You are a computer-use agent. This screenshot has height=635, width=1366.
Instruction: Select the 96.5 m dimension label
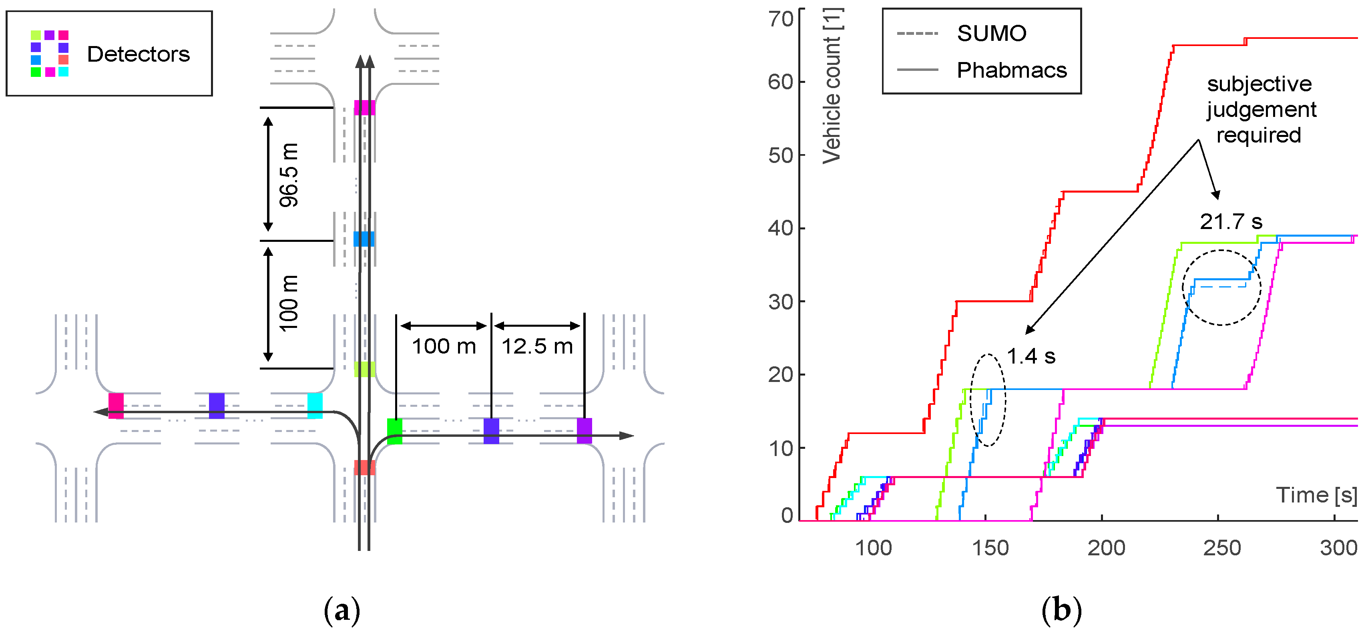pyautogui.click(x=289, y=175)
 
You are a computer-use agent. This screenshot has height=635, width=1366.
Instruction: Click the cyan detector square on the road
pyautogui.click(x=315, y=406)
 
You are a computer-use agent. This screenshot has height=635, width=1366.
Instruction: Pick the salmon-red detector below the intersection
pyautogui.click(x=364, y=467)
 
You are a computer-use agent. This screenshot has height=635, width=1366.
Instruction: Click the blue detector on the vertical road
pyautogui.click(x=364, y=239)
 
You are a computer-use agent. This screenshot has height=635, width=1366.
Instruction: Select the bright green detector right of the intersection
pyautogui.click(x=394, y=431)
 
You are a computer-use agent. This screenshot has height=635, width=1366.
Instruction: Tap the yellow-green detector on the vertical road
pyautogui.click(x=364, y=369)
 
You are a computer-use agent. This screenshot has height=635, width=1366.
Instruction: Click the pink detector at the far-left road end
pyautogui.click(x=116, y=406)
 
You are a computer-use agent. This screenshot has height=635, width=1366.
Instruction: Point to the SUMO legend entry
pyautogui.click(x=991, y=33)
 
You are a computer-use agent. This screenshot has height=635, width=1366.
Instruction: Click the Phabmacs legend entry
pyautogui.click(x=1011, y=70)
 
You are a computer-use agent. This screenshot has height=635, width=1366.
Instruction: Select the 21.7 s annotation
pyautogui.click(x=1231, y=221)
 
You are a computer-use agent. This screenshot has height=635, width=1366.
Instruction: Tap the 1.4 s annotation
pyautogui.click(x=1031, y=356)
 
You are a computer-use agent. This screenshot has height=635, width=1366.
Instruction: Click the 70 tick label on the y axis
pyautogui.click(x=781, y=19)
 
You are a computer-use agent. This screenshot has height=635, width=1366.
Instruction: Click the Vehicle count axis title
pyautogui.click(x=832, y=86)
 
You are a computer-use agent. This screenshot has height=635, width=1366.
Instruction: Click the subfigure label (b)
pyautogui.click(x=1061, y=610)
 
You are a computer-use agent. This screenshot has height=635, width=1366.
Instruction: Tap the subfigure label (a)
pyautogui.click(x=341, y=610)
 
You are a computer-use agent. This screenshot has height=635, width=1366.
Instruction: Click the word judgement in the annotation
pyautogui.click(x=1262, y=109)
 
